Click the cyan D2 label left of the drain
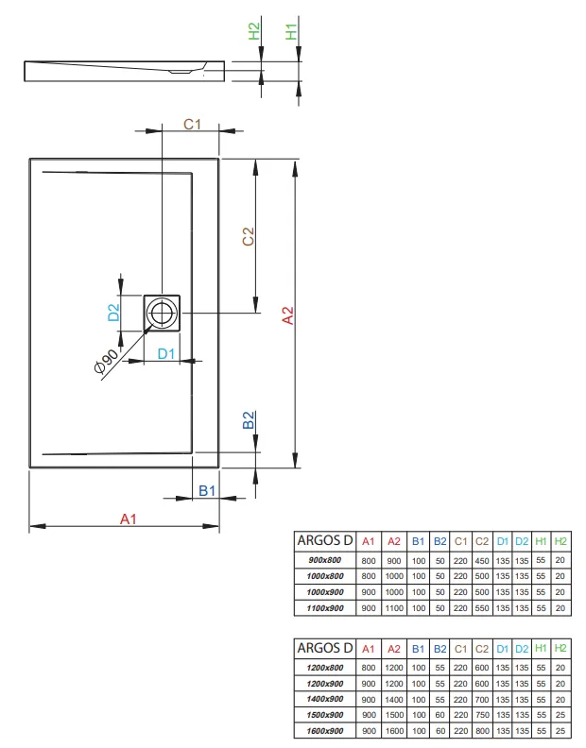pos(113,312)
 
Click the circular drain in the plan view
pos(163,313)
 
